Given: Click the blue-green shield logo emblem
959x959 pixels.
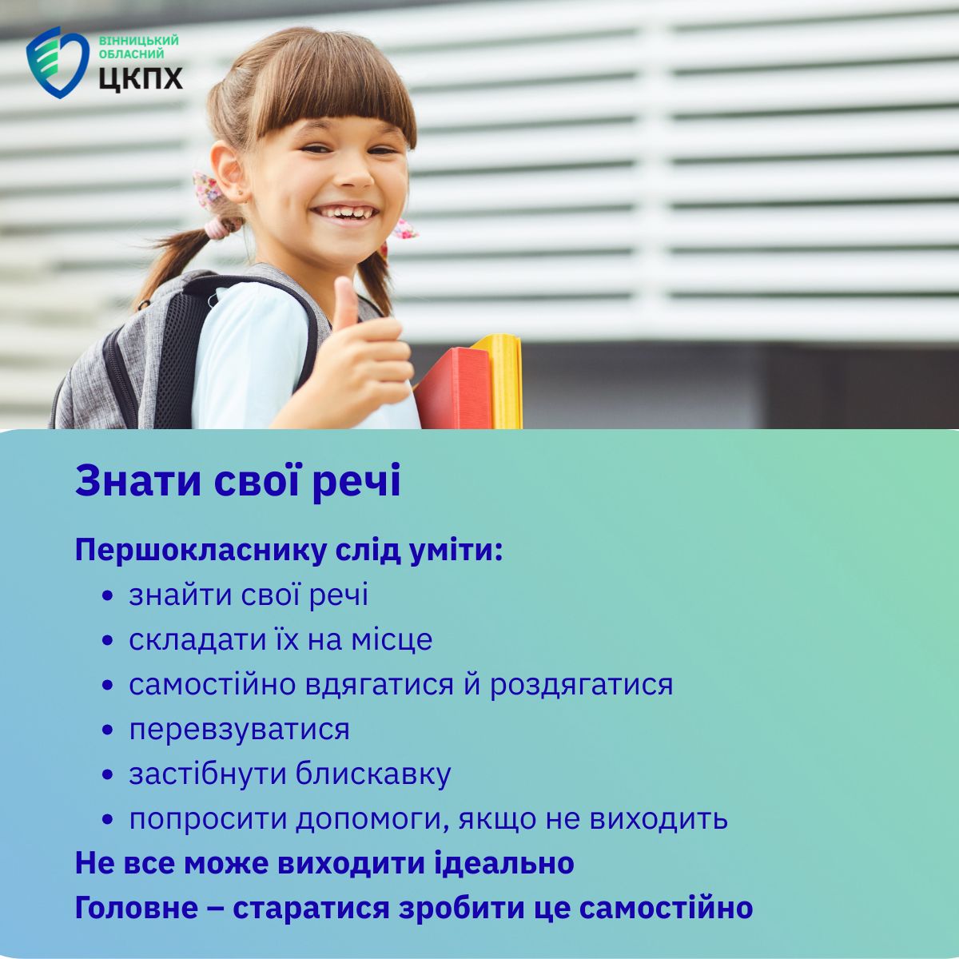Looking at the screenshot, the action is (x=58, y=62).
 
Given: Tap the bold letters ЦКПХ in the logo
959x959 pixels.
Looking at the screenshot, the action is (x=141, y=78).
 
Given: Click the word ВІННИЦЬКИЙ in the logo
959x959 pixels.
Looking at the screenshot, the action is (x=139, y=40).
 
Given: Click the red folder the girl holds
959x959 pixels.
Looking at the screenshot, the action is (x=453, y=388).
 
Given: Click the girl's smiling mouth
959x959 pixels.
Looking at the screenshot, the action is (x=344, y=213).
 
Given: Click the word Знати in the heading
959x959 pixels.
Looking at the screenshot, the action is (x=139, y=481).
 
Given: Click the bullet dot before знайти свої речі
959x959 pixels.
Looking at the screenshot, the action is (x=107, y=596).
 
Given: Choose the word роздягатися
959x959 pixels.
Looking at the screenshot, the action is (x=581, y=686).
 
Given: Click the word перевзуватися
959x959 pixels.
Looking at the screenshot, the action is (x=240, y=730).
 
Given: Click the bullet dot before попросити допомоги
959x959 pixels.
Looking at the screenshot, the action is (x=107, y=820).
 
